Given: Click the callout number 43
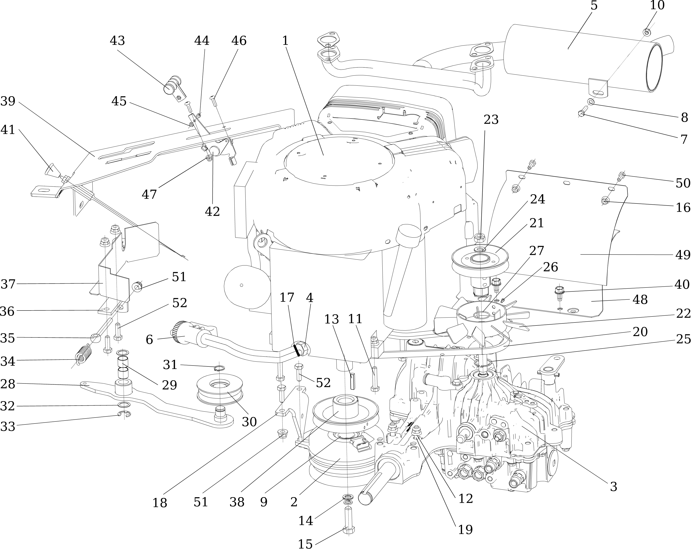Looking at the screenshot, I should tap(117, 41).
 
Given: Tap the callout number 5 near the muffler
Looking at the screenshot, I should tap(594, 6).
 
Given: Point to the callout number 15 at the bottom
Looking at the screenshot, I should tap(305, 543).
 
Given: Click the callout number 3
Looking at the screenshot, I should tap(613, 487).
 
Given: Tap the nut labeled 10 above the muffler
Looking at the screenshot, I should tap(647, 32).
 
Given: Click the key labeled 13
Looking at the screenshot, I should tap(353, 381).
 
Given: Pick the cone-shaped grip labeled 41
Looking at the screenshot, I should tap(50, 168).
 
